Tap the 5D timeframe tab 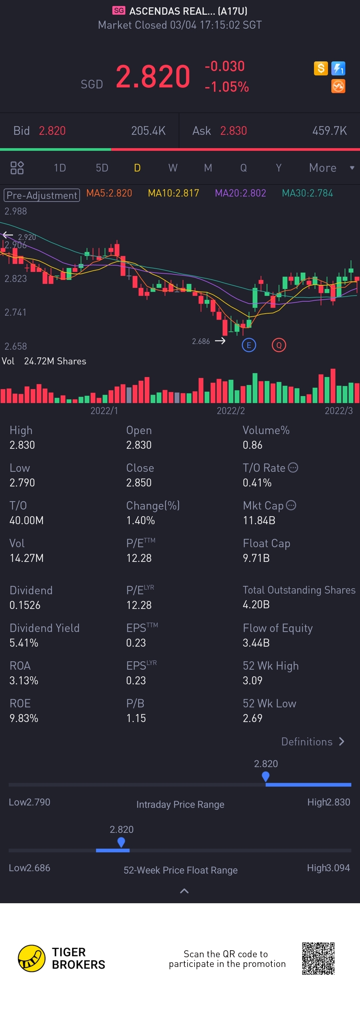point(102,168)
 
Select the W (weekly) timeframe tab point(173,168)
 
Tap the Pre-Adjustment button point(42,195)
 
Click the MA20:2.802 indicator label point(240,193)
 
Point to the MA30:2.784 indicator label point(307,193)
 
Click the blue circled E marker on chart point(249,345)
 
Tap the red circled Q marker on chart point(279,345)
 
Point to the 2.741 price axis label point(15,313)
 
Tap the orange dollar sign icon point(321,68)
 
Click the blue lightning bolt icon point(338,68)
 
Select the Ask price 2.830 point(233,131)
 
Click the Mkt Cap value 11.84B point(259,521)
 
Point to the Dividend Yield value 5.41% point(24,643)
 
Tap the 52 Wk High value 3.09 point(253,681)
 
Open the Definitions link point(313,742)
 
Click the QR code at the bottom point(318,959)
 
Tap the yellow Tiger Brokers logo point(31,959)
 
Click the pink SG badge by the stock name point(119,11)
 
